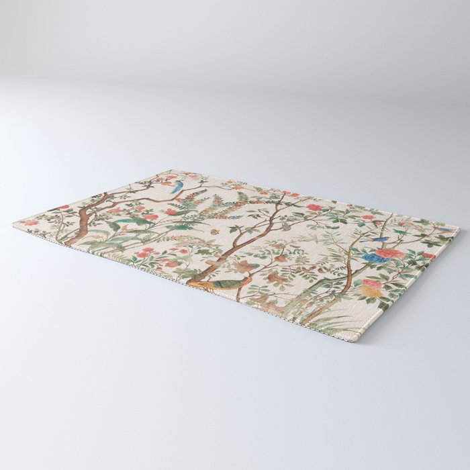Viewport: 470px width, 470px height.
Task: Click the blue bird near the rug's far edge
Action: pyautogui.click(x=177, y=185)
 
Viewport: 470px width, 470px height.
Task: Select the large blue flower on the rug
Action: pyautogui.click(x=371, y=258)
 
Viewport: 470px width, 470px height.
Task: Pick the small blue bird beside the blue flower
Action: pyautogui.click(x=379, y=238)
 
